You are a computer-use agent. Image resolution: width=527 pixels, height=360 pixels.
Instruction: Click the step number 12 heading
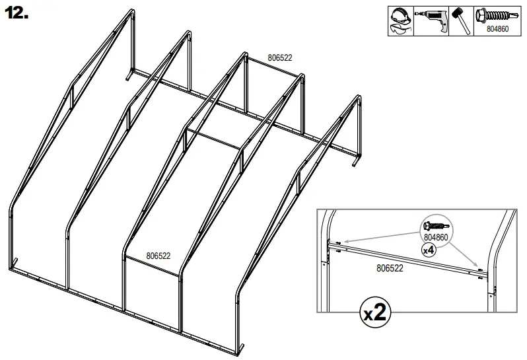pos(17,15)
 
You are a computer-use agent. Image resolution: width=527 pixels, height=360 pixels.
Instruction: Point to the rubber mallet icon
pos(460,20)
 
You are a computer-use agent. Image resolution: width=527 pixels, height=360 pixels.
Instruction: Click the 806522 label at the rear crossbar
pos(279,57)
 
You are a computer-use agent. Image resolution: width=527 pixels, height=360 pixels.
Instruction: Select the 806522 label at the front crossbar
pos(158,256)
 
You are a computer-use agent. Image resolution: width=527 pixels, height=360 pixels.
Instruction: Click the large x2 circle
pos(374,313)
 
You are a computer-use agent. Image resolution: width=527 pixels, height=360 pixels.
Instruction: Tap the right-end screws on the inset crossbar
pos(477,270)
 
